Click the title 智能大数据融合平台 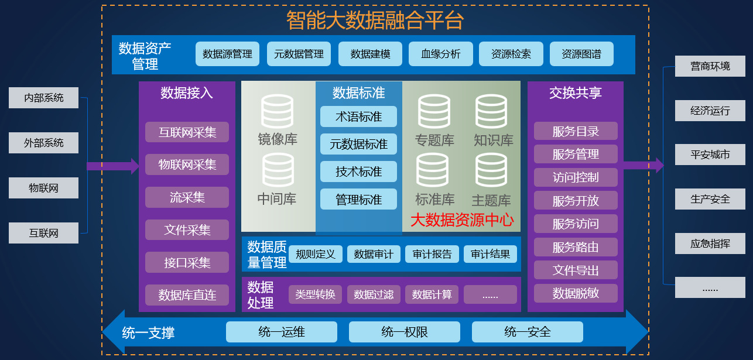375,20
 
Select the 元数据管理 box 299,54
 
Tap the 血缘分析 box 440,54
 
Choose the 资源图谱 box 581,54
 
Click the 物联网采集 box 187,164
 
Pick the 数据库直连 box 187,295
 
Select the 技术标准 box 358,172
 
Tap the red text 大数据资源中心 461,220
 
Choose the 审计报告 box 432,254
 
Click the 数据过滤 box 374,294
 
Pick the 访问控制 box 576,177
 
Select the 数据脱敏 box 576,293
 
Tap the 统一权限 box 405,332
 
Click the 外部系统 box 43,143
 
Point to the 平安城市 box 710,155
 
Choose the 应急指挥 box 710,244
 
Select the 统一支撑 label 148,333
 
